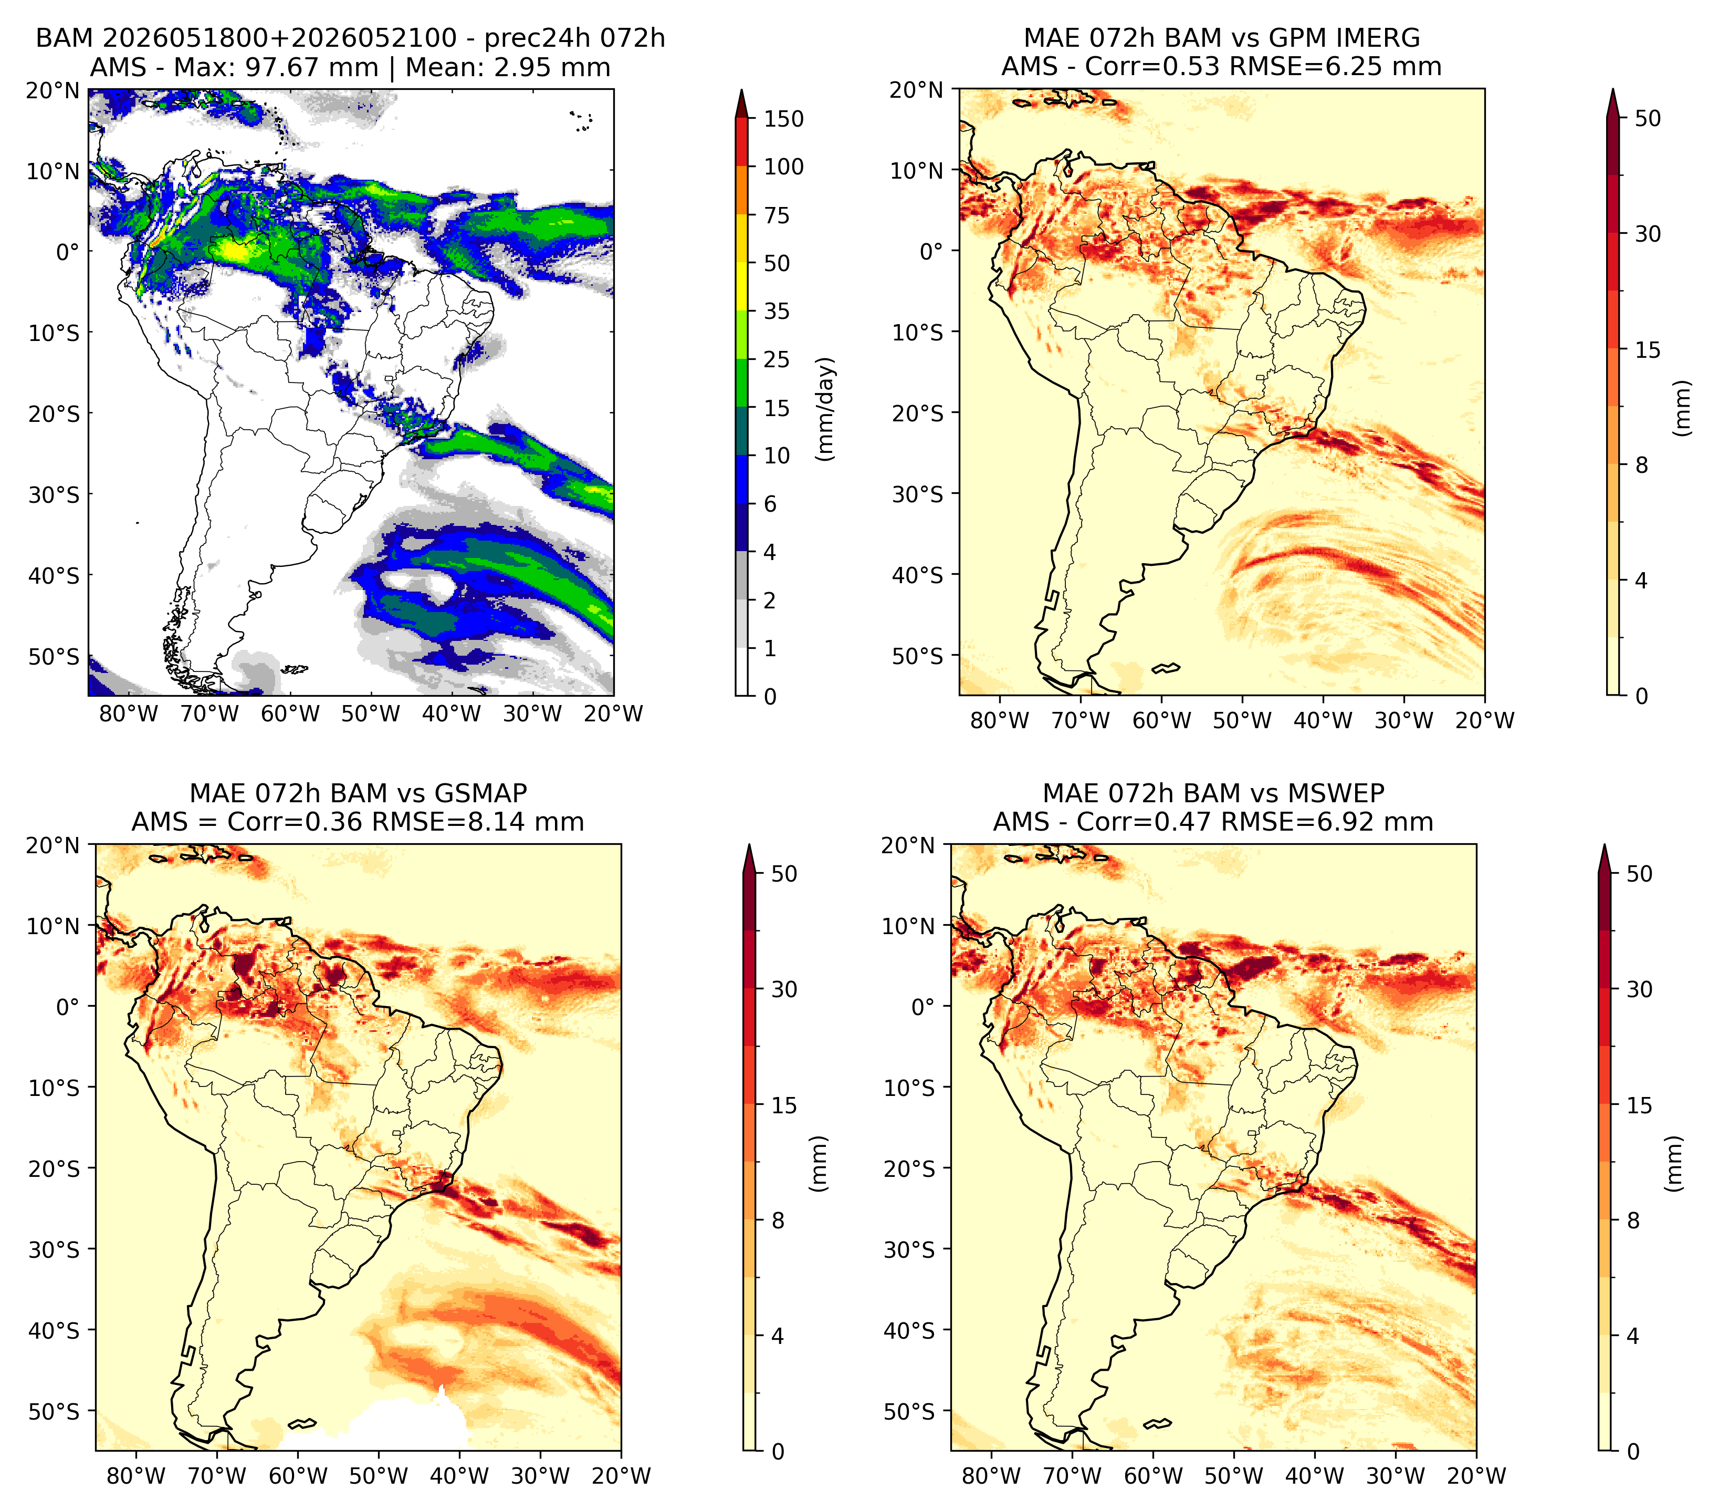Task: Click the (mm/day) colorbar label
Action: tap(827, 409)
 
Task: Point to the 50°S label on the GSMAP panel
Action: tap(54, 1412)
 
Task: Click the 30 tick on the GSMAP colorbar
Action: tap(784, 989)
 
